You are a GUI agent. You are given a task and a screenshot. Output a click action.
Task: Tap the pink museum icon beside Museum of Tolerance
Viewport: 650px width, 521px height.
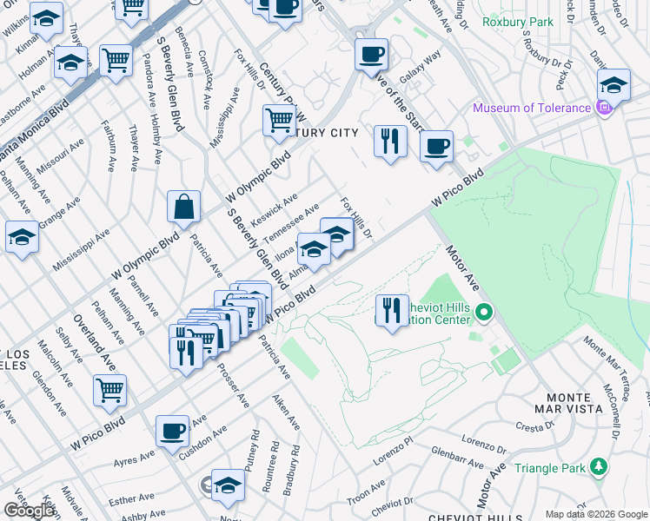pyautogui.click(x=606, y=109)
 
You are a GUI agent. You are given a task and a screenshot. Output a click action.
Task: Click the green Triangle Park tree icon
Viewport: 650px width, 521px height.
pyautogui.click(x=598, y=467)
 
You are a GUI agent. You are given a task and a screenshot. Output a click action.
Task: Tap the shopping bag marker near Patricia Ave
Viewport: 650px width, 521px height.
pyautogui.click(x=184, y=208)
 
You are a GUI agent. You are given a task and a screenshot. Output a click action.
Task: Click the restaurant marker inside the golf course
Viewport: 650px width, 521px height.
pyautogui.click(x=392, y=311)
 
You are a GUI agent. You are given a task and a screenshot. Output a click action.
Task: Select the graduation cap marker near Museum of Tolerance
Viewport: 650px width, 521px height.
pyautogui.click(x=614, y=86)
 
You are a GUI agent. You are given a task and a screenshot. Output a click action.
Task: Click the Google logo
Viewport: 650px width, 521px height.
pyautogui.click(x=29, y=511)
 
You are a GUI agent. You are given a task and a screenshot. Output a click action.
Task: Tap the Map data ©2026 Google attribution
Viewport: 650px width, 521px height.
pyautogui.click(x=595, y=514)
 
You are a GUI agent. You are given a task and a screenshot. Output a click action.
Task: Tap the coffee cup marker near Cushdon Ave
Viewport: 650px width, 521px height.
pyautogui.click(x=173, y=431)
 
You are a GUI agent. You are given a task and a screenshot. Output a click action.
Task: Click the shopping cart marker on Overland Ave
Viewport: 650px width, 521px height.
pyautogui.click(x=110, y=391)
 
